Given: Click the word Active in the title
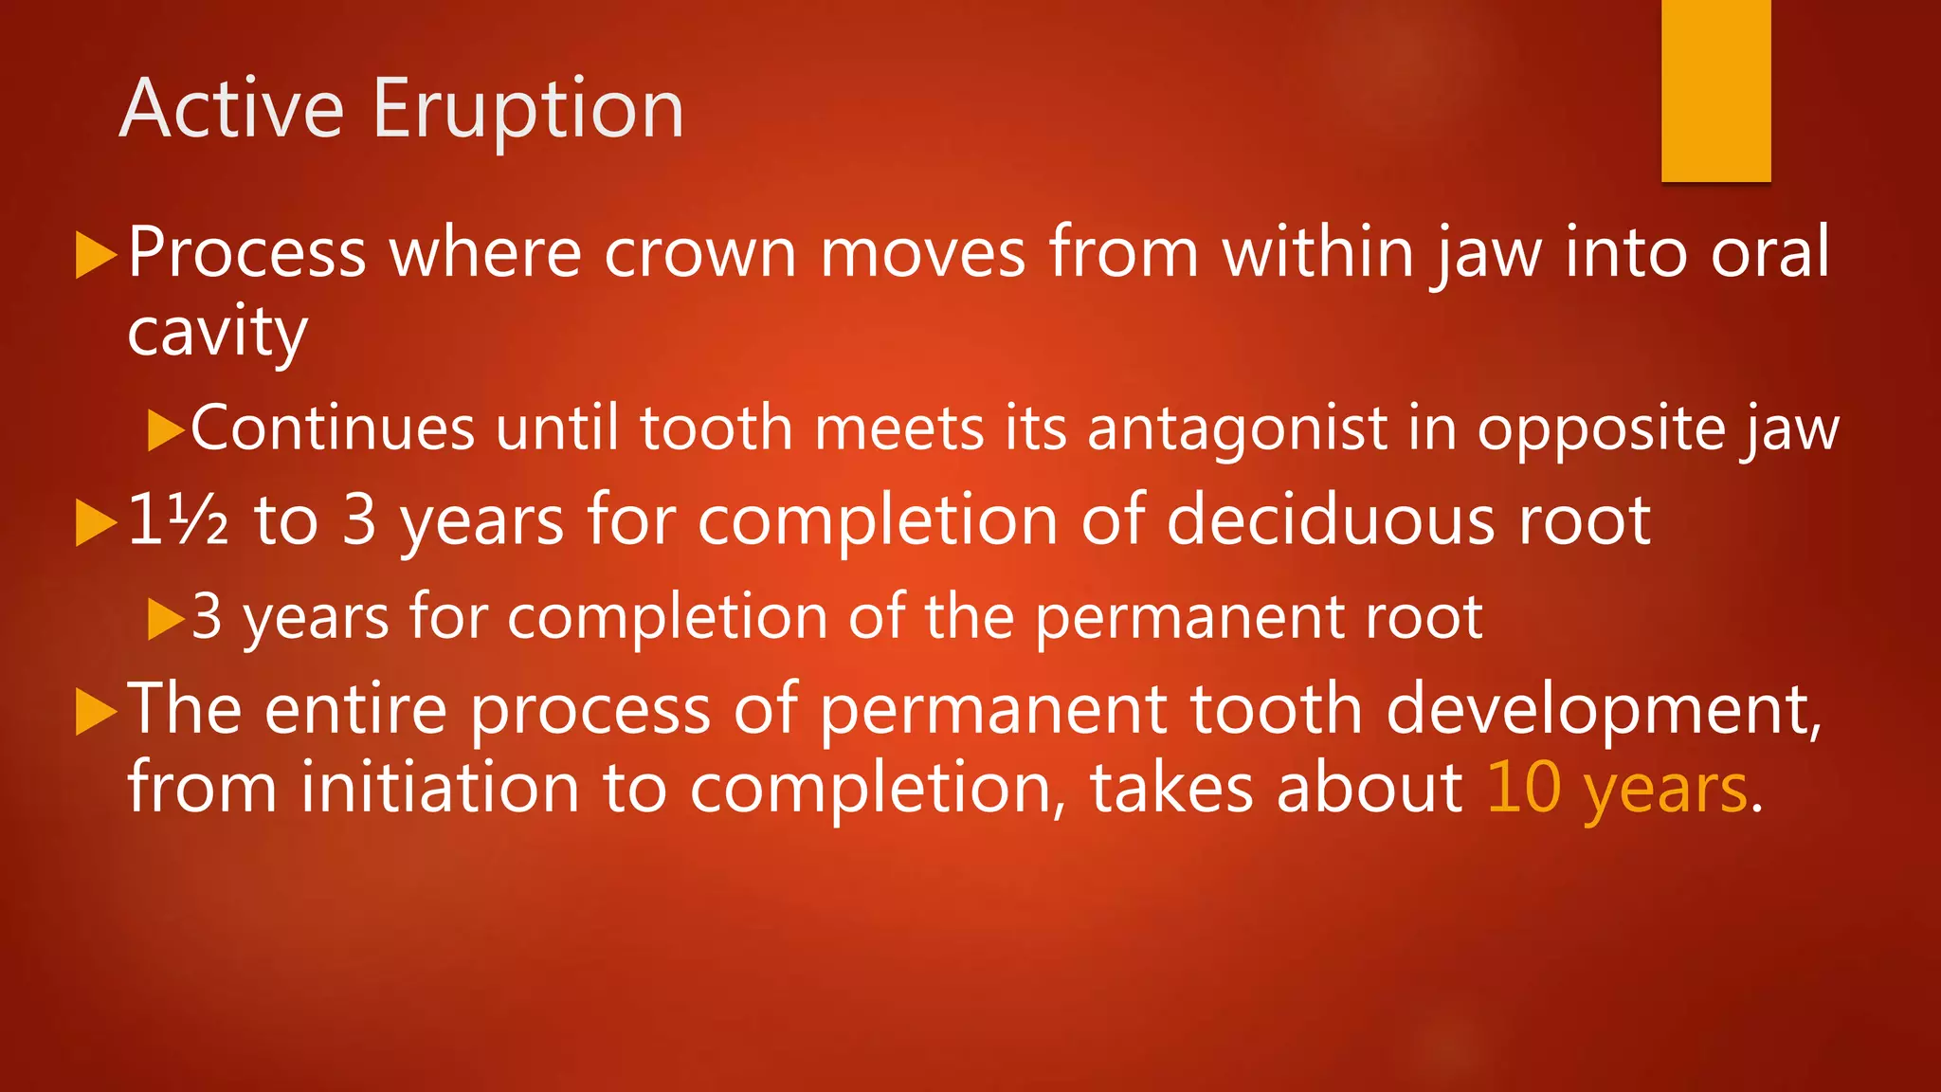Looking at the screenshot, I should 232,109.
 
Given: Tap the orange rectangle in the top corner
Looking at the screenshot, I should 1715,90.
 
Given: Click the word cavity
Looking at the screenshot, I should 217,334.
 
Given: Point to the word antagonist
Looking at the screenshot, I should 1237,429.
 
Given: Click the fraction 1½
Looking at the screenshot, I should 178,521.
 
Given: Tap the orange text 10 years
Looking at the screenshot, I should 1616,789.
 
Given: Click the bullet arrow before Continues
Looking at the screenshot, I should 166,430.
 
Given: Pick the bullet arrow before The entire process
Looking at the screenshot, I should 95,712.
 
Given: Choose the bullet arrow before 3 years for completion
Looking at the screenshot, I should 166,619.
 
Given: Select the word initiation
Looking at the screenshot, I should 440,789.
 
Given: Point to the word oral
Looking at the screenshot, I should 1769,254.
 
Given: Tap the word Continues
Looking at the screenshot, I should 333,428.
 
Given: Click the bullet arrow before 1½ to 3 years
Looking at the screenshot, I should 95,523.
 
